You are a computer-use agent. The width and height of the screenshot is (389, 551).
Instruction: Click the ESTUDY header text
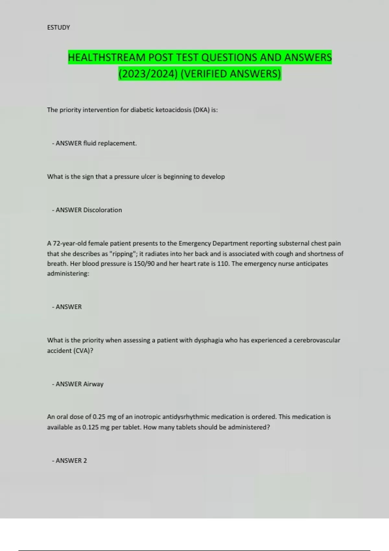58,28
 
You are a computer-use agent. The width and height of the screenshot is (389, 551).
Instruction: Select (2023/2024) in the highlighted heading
148,74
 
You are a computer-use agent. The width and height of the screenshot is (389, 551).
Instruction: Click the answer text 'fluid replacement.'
110,143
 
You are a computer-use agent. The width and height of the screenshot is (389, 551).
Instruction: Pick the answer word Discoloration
102,210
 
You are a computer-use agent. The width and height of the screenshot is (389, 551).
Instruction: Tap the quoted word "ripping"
123,254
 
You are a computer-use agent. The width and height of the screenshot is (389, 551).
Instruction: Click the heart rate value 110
223,264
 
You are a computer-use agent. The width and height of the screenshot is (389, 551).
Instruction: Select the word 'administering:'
68,274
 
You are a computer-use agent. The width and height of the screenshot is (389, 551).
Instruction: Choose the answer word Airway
93,384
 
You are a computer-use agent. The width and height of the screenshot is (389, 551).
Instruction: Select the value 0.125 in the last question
90,427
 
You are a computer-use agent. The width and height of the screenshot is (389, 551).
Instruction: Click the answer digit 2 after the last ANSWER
85,461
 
